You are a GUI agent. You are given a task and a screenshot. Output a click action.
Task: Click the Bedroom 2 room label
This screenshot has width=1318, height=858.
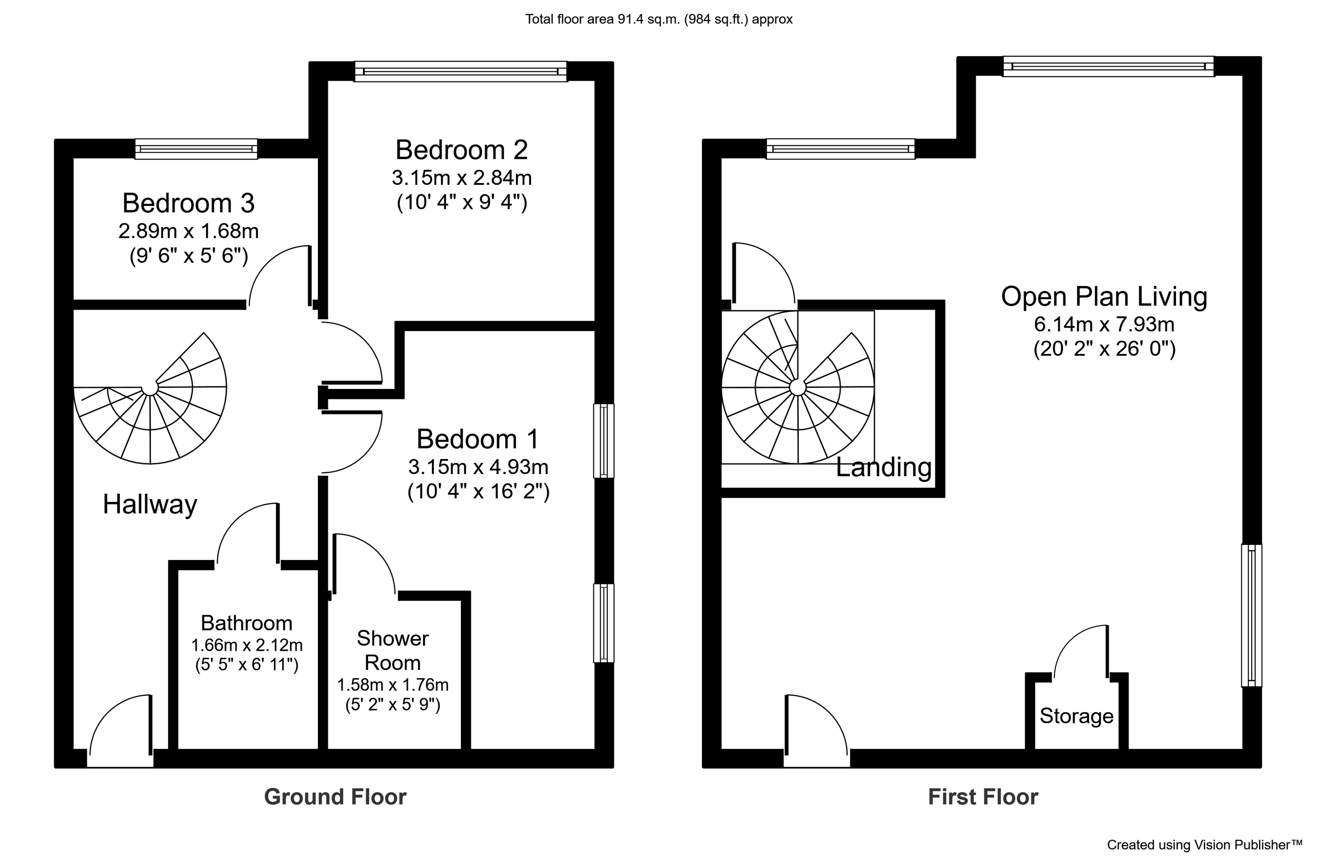click(461, 150)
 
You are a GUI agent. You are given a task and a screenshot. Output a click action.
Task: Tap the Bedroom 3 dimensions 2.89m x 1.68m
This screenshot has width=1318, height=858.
click(188, 231)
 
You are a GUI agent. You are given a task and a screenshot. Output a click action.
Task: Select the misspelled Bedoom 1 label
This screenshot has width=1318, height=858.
click(477, 439)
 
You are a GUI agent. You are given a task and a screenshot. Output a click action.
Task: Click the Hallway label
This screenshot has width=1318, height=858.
click(150, 504)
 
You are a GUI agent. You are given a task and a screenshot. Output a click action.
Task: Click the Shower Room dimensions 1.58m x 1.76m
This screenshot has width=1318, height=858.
click(393, 685)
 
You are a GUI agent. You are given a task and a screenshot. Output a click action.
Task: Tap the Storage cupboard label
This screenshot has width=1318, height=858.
click(1076, 716)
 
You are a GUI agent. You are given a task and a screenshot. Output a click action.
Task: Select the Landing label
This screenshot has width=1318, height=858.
click(883, 467)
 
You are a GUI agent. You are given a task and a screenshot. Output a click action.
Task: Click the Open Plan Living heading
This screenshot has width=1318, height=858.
click(1104, 297)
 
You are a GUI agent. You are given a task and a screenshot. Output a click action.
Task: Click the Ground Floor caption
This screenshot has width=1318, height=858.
click(335, 797)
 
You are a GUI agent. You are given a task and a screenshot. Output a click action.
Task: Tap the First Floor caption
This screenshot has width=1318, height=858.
click(983, 797)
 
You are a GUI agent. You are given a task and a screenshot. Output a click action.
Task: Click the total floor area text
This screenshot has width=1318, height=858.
click(659, 19)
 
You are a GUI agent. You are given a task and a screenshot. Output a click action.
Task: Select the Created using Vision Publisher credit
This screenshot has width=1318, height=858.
click(1205, 845)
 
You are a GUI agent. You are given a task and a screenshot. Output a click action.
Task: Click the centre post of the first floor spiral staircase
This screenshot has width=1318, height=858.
click(798, 387)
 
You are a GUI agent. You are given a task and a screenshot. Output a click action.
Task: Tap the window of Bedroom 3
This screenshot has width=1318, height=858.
click(196, 149)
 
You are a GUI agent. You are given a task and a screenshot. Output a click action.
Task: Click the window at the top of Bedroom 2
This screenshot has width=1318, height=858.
click(460, 72)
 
